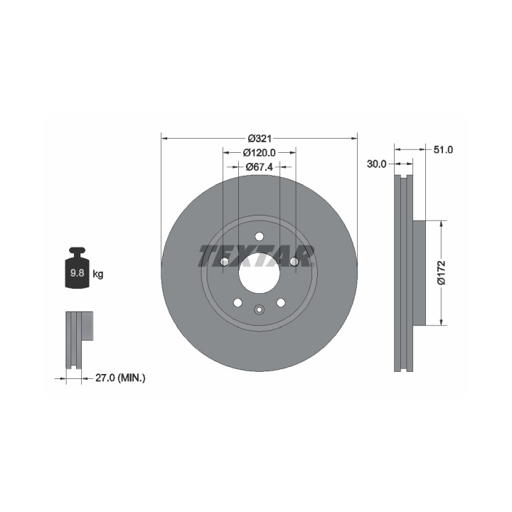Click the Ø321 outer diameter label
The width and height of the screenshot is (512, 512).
pos(260,139)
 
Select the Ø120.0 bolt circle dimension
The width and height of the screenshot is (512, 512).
pos(260,152)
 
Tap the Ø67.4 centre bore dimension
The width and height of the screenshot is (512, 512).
pos(260,167)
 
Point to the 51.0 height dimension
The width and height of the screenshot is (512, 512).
pos(443,150)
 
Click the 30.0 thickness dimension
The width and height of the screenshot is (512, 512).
pos(376,164)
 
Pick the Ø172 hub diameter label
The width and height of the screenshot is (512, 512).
pos(441,272)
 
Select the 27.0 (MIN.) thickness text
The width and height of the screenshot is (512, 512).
pos(120,378)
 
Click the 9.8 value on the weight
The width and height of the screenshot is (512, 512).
pos(77,273)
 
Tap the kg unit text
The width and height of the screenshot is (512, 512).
pos(98,274)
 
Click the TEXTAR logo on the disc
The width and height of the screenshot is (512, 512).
pos(257,256)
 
